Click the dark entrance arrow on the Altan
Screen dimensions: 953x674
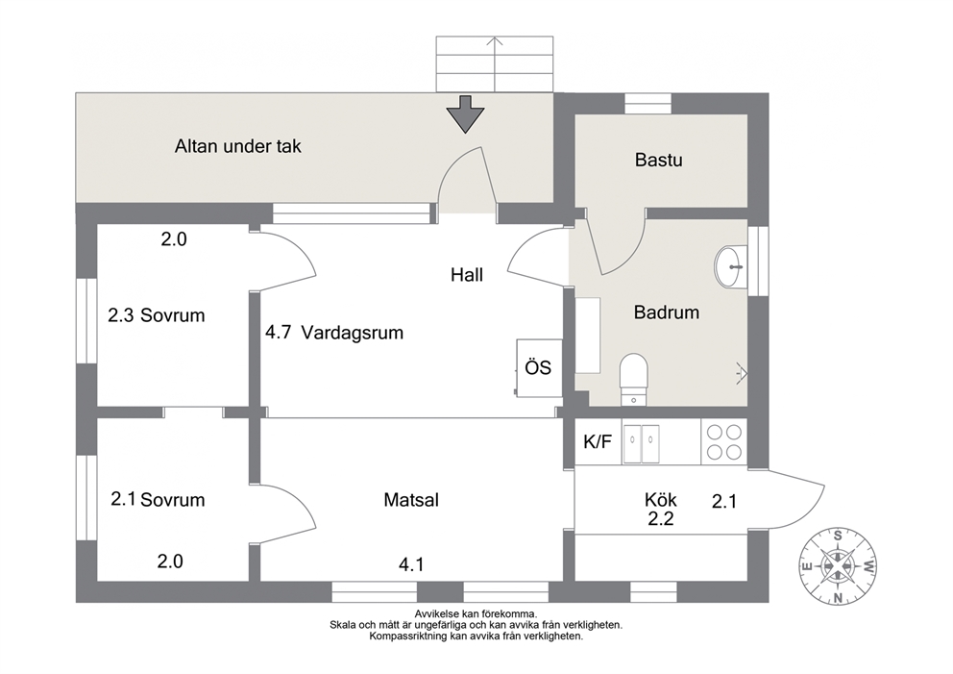pyautogui.click(x=466, y=113)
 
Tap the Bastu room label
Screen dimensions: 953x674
pyautogui.click(x=658, y=160)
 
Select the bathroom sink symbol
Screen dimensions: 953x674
pyautogui.click(x=730, y=266)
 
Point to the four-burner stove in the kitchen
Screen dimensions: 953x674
pyautogui.click(x=724, y=441)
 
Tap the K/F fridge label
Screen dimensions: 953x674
pyautogui.click(x=598, y=441)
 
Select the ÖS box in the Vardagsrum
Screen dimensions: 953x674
pyautogui.click(x=539, y=367)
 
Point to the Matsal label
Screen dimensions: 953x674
pyautogui.click(x=411, y=500)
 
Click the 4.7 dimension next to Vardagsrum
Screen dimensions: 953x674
pyautogui.click(x=278, y=332)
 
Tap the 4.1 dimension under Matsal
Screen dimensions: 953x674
pyautogui.click(x=411, y=565)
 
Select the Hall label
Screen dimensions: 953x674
pyautogui.click(x=467, y=275)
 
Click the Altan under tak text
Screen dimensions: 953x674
pyautogui.click(x=237, y=146)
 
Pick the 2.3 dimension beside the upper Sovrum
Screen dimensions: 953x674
pyautogui.click(x=121, y=315)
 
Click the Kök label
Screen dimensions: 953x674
pyautogui.click(x=661, y=500)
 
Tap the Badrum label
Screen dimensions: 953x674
pyautogui.click(x=666, y=312)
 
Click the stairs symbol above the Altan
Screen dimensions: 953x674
pyautogui.click(x=495, y=63)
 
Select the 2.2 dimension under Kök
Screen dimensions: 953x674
pyautogui.click(x=661, y=519)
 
